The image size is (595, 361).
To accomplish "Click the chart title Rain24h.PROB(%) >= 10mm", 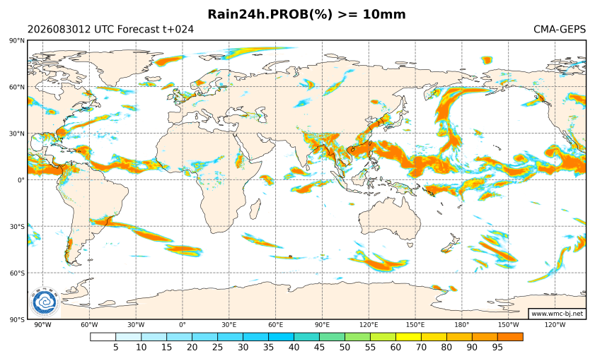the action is coord(306,14).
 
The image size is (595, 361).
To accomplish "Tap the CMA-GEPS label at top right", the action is coord(560,29).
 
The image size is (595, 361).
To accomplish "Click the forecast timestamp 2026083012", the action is coord(59,29).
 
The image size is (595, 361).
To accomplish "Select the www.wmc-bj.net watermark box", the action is coord(557,314).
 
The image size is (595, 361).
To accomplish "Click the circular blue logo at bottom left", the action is coord(45,302).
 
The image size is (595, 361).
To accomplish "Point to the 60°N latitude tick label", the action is coord(17,87).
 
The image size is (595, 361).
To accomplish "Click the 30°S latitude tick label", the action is coord(17,227).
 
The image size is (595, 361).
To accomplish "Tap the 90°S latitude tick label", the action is coord(17,320).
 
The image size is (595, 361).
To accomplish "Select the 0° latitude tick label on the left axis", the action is coord(21,180).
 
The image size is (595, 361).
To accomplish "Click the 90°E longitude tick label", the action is coord(322,325).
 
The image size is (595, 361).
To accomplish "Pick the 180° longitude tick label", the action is coord(462,325).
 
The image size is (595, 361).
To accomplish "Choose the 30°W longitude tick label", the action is coord(136,325).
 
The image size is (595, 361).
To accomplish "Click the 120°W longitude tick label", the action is coord(555,325).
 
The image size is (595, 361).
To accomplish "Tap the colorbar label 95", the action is coord(497,347).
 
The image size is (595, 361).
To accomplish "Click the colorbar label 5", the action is coord(116,347).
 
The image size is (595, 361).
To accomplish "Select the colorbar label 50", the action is coord(345,347).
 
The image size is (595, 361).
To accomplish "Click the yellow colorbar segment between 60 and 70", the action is coord(408,337).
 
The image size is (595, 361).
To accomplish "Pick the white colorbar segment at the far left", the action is coord(103,337).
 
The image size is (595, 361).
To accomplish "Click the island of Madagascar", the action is coord(255,210).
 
